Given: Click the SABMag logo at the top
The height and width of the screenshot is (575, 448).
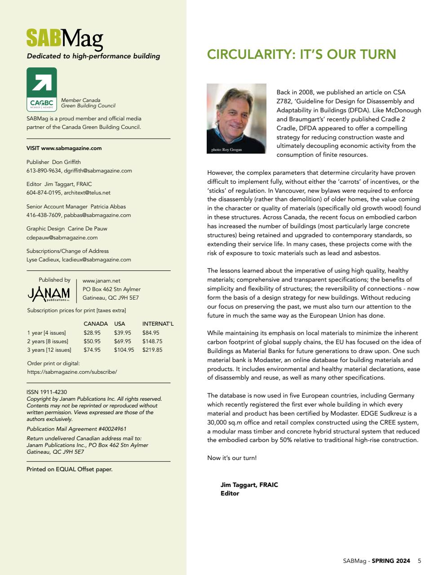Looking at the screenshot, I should (65, 39).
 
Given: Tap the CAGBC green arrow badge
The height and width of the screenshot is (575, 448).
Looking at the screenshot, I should (42, 89).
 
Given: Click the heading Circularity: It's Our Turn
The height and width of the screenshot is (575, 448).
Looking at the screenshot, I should (302, 55).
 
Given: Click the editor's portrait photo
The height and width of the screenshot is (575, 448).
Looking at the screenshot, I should (236, 118).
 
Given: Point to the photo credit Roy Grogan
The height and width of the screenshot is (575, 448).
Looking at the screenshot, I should (226, 150).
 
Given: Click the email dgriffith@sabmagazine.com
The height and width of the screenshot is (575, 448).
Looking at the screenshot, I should (98, 171).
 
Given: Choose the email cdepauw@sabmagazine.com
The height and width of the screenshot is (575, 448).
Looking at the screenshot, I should (62, 238).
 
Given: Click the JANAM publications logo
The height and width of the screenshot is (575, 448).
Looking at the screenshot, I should (49, 294).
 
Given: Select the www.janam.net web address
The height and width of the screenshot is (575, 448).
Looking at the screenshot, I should (102, 281).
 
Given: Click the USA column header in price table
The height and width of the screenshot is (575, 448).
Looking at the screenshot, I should (120, 324).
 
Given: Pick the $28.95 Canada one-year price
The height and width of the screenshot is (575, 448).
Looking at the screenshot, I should (92, 333).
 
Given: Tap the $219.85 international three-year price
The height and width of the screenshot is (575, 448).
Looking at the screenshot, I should (152, 350).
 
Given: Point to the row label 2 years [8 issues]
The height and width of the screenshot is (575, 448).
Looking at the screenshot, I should (48, 341).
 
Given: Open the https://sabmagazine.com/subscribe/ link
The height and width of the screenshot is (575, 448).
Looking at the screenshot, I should (72, 372).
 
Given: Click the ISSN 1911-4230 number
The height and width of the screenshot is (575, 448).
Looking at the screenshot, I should (47, 392).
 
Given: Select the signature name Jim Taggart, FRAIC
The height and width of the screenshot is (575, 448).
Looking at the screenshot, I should (249, 485).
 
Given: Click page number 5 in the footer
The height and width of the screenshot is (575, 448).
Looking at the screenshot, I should (419, 561).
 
